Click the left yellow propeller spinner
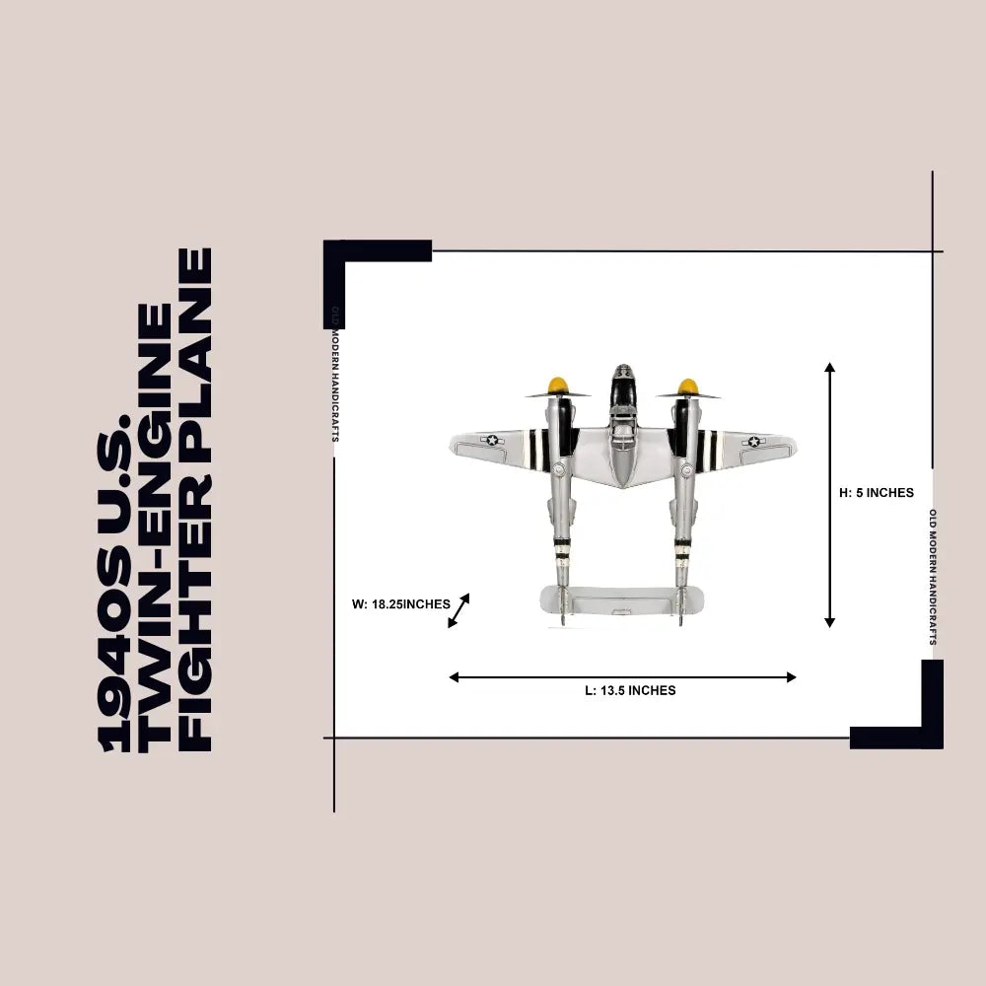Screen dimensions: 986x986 point(558,386)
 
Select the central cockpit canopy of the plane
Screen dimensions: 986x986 point(622,385)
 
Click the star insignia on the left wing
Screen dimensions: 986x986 point(492,440)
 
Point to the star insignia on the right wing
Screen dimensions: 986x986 point(753,442)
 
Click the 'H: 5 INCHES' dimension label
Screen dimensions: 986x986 point(877,493)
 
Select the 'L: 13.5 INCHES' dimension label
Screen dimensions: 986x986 point(630,690)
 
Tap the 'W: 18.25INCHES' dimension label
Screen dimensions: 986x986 point(401,604)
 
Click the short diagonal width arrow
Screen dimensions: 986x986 point(458,610)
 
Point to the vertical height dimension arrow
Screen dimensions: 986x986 point(829,495)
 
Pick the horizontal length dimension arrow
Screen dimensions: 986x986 point(622,677)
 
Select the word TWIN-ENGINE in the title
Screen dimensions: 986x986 point(155,528)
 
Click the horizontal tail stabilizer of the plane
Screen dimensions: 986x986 point(622,599)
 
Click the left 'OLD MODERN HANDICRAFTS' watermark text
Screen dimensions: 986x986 point(335,374)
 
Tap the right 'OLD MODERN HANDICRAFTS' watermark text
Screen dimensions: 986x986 point(933,577)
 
